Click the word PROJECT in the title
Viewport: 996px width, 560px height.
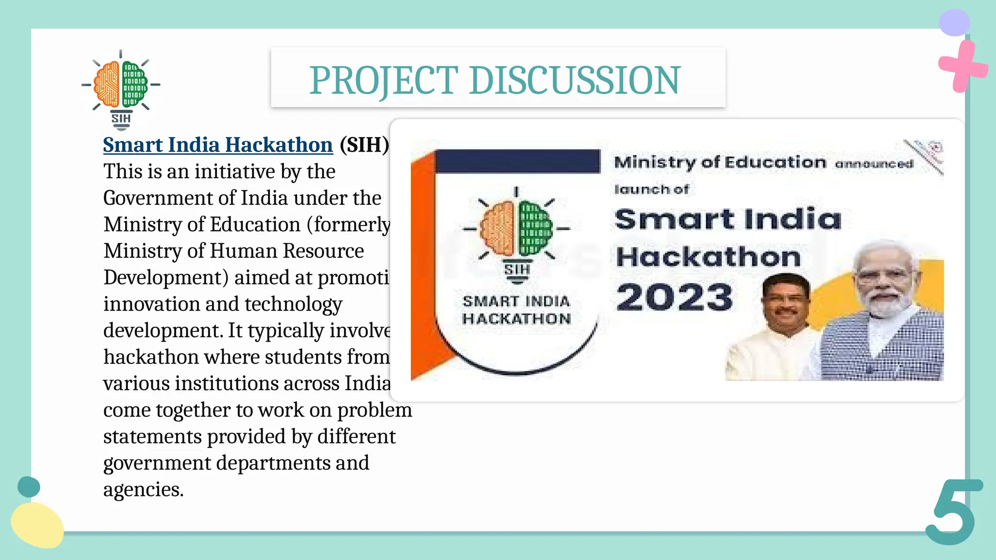pyautogui.click(x=384, y=81)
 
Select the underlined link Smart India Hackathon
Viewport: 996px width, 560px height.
pyautogui.click(x=218, y=145)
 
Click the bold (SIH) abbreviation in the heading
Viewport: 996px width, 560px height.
pyautogui.click(x=364, y=145)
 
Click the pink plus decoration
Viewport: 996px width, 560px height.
pyautogui.click(x=962, y=67)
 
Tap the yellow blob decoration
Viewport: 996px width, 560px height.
pyautogui.click(x=37, y=525)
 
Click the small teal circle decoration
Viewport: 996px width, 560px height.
pyautogui.click(x=29, y=487)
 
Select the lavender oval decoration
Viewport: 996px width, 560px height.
pyautogui.click(x=954, y=22)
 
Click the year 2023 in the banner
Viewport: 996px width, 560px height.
pyautogui.click(x=675, y=297)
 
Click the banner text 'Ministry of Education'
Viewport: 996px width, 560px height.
pyautogui.click(x=720, y=162)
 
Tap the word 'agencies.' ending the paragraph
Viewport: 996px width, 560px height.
pyautogui.click(x=143, y=490)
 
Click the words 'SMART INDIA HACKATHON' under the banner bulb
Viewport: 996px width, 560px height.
pyautogui.click(x=516, y=310)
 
